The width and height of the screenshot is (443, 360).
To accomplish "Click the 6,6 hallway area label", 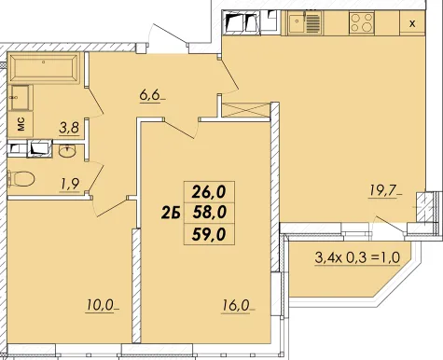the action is tap(149, 95).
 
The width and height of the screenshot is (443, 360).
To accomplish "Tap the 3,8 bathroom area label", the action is tap(69, 128).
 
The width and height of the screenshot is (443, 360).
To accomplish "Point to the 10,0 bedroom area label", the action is tap(99, 306).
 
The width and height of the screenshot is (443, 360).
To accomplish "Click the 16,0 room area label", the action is tap(236, 306).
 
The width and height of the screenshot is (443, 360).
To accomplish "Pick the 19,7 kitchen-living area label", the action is tap(383, 191).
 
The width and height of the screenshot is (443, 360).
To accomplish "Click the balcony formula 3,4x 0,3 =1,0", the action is tap(357, 257).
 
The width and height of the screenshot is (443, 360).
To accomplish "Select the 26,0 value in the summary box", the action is tap(209, 192).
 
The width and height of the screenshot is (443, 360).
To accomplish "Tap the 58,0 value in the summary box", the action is tap(209, 213).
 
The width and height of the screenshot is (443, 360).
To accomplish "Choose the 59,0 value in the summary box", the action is tap(209, 234).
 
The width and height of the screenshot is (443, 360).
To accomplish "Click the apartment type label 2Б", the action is tap(171, 214).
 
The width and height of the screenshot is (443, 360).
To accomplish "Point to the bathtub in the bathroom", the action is tap(44, 68).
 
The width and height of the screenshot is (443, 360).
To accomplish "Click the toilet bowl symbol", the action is tap(21, 178).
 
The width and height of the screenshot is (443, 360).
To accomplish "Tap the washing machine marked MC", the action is tap(21, 125).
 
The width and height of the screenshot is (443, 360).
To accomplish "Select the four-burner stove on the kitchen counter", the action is tap(361, 22).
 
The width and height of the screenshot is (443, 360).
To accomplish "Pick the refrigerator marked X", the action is tap(412, 23).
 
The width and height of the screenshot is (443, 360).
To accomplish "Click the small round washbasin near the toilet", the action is tap(66, 152).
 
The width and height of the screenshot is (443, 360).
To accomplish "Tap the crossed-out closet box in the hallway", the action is tap(245, 110).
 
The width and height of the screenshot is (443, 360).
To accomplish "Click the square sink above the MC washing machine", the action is tap(21, 98).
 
